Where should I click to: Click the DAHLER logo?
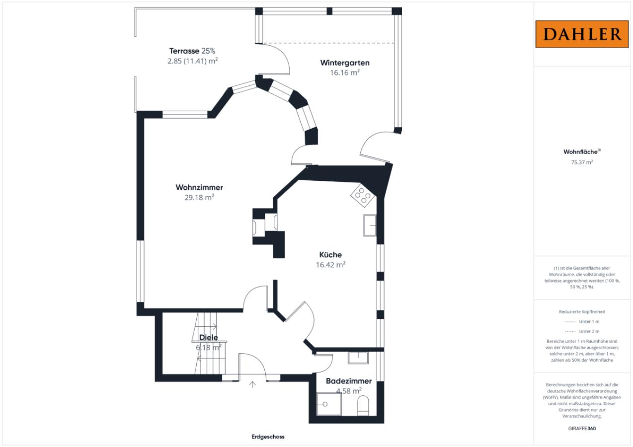tap(582, 34)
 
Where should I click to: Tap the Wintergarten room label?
tap(345, 63)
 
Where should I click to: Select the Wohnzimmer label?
tap(199, 187)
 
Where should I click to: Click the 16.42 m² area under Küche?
tap(330, 265)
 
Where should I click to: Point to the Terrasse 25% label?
tap(192, 51)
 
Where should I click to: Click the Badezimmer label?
tap(349, 381)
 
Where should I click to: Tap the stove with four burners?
tap(363, 195)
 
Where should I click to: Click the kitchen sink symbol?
tap(370, 225)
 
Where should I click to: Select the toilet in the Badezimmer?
tap(363, 406)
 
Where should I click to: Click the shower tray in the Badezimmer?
tap(329, 404)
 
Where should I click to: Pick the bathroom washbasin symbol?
tap(358, 358)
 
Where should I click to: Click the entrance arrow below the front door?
tap(252, 384)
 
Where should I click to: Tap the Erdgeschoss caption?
tap(268, 437)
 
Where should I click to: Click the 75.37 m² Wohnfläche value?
tap(582, 162)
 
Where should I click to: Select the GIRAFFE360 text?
tap(582, 428)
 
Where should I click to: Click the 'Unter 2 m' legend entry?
tap(582, 331)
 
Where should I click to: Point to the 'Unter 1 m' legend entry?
tap(582, 321)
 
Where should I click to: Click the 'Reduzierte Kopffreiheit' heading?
tap(582, 311)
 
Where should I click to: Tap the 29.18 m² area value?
tap(199, 197)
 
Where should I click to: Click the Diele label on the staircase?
tap(209, 337)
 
